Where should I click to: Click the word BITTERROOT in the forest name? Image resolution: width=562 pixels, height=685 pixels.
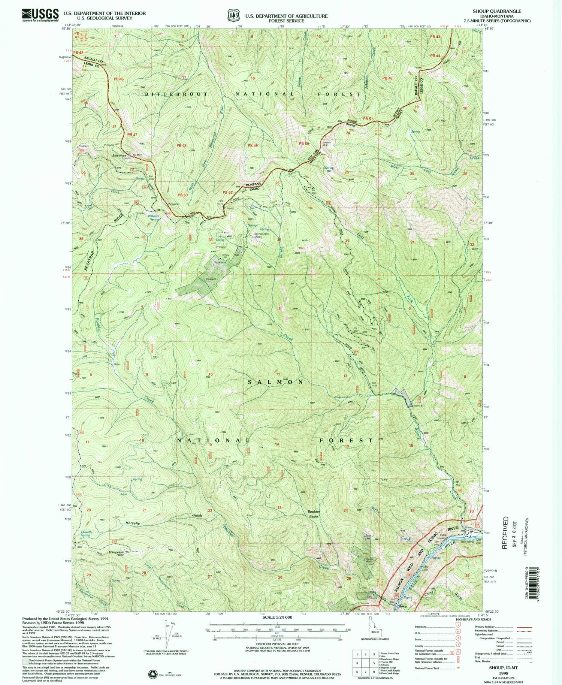(176, 94)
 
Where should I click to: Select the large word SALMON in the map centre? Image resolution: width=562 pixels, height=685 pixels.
(276, 382)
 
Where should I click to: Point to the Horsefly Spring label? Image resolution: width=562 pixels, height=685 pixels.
(87, 534)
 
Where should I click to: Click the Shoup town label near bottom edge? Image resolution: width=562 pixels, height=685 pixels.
(403, 606)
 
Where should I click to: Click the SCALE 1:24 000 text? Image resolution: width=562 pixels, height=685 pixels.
(277, 617)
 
